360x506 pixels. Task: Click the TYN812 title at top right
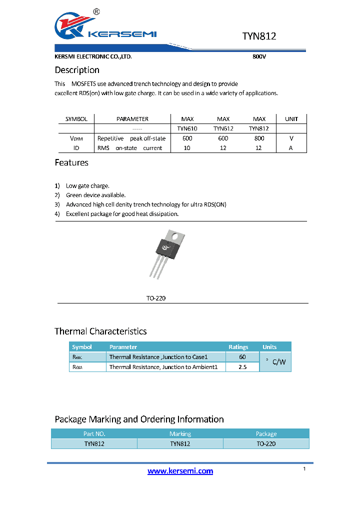click(259, 36)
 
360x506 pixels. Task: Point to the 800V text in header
click(259, 57)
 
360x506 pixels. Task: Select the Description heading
click(77, 70)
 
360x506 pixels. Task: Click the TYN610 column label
click(187, 128)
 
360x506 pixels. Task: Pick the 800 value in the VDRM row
click(259, 138)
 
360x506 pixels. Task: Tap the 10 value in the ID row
click(187, 148)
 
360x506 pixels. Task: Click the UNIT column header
click(291, 119)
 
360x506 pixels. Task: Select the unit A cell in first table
click(291, 148)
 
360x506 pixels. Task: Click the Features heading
click(71, 162)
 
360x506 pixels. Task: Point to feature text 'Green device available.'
click(95, 195)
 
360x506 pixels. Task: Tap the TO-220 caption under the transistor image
click(155, 298)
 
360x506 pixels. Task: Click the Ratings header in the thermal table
click(238, 347)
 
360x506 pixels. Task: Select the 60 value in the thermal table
click(242, 357)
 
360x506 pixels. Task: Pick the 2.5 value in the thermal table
click(242, 367)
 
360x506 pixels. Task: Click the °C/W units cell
click(275, 362)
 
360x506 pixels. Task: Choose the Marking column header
click(180, 434)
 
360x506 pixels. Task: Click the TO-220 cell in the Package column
click(266, 443)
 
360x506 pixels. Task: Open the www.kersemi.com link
click(180, 471)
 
